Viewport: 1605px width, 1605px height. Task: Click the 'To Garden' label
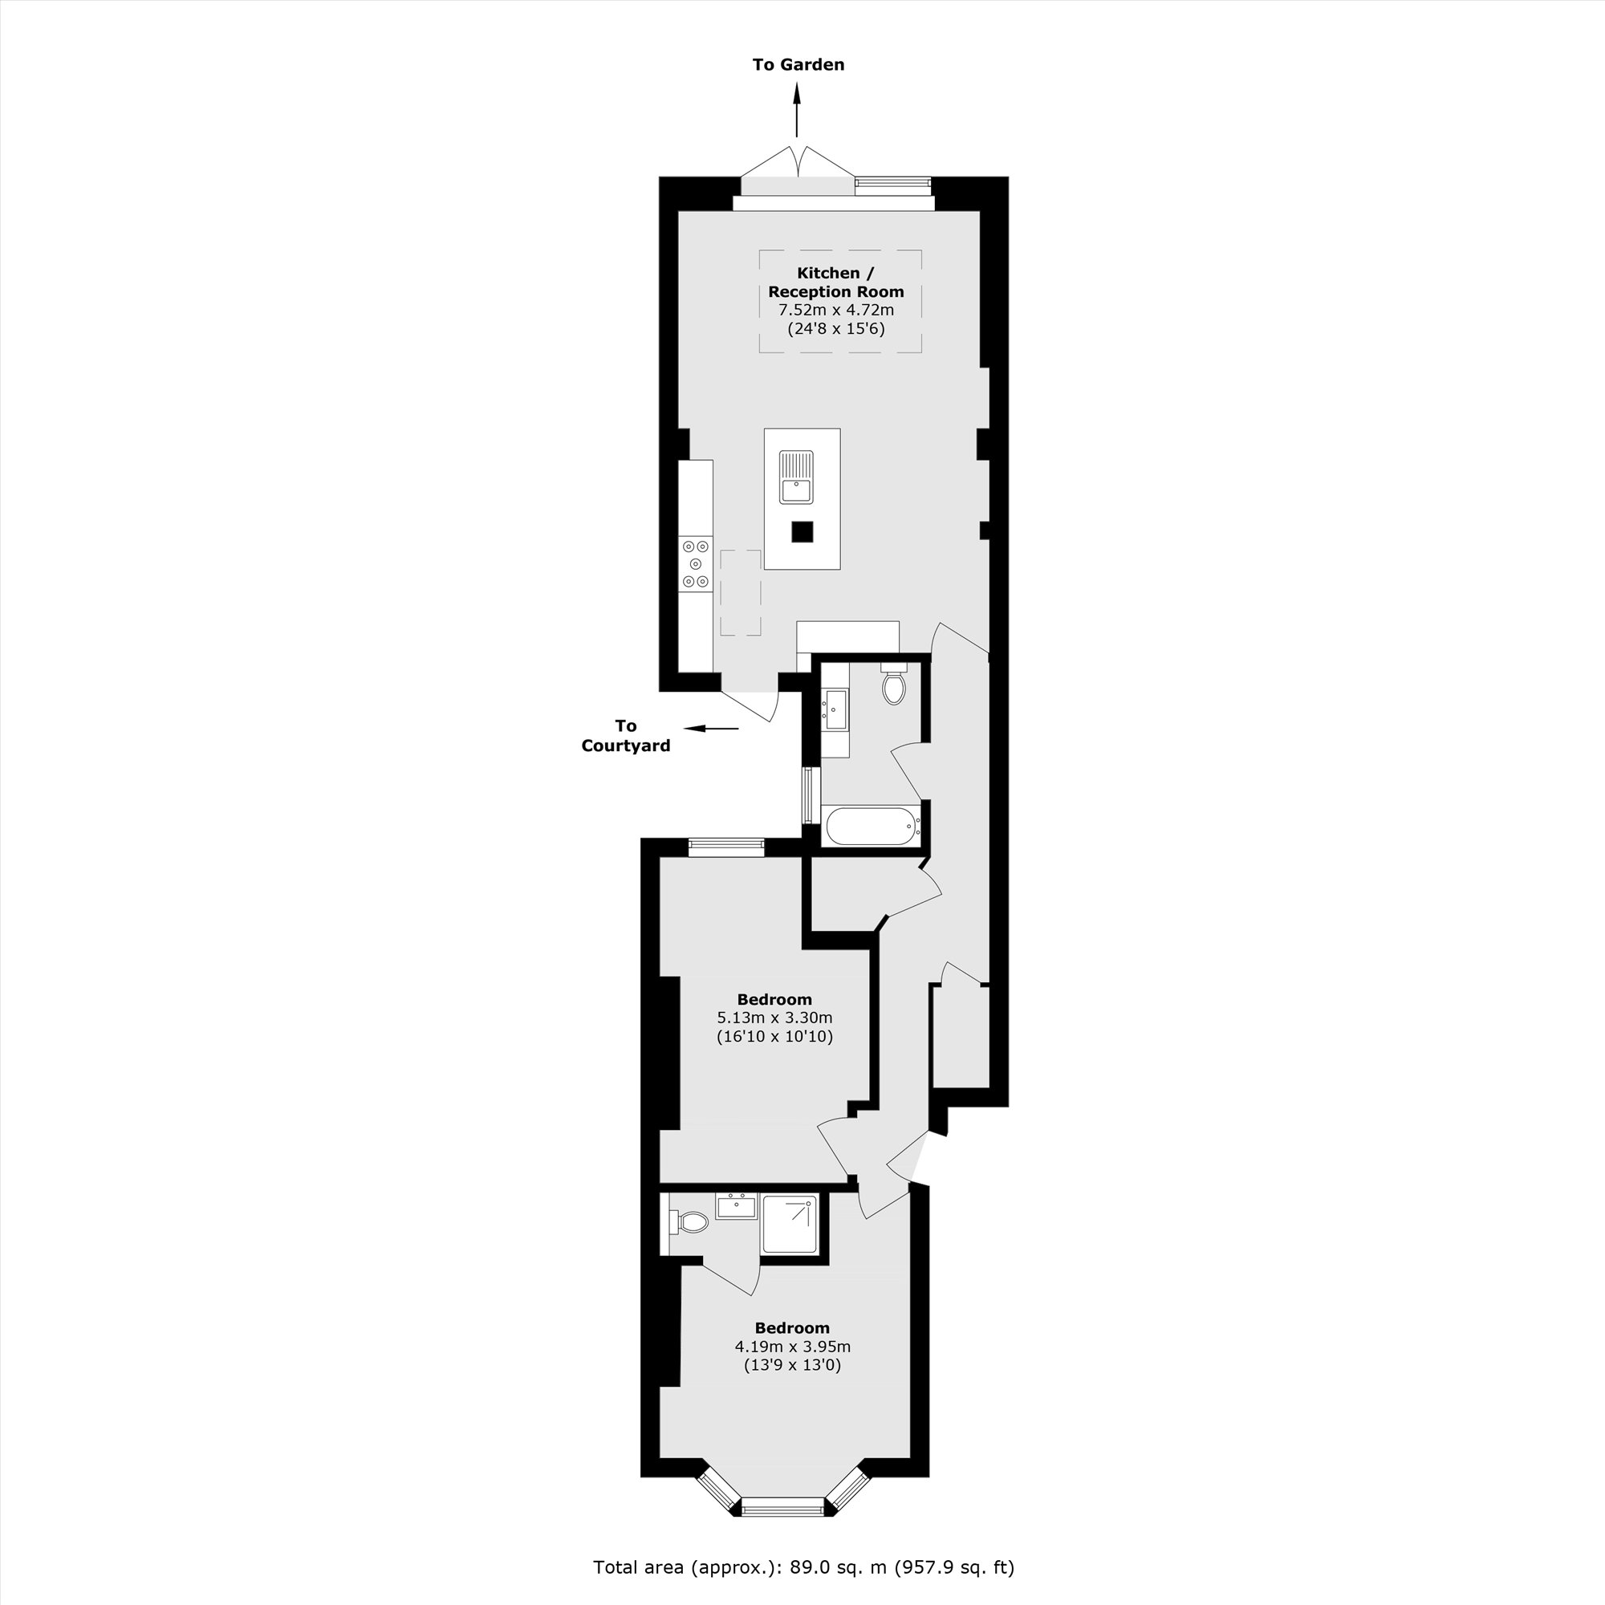point(798,65)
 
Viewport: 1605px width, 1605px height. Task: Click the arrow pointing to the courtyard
point(710,729)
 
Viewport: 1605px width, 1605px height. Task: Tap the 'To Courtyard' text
point(626,735)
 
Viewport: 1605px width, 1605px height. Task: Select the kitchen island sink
point(796,477)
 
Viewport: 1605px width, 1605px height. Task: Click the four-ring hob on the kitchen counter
point(695,564)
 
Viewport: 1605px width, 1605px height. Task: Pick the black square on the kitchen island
point(802,532)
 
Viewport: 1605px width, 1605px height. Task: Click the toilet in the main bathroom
point(894,685)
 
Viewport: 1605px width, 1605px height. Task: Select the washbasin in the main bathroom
point(835,709)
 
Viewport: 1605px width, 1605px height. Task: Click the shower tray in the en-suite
point(789,1225)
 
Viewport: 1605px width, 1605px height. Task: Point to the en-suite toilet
point(689,1222)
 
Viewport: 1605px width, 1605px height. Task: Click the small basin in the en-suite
point(736,1205)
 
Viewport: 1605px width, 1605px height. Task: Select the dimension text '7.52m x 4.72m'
point(835,310)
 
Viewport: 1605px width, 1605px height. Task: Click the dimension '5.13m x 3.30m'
point(774,1018)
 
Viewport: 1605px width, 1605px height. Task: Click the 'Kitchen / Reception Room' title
point(835,282)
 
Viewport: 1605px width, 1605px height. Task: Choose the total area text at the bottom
point(803,1566)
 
